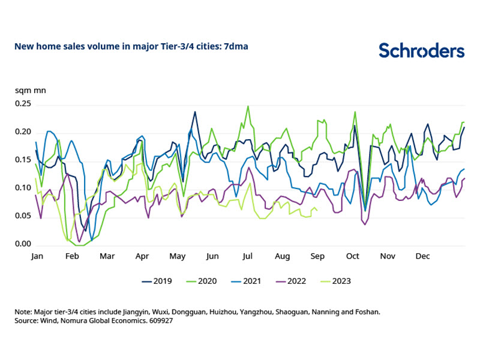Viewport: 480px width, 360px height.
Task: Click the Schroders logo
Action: (x=421, y=50)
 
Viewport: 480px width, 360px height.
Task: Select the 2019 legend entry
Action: (x=158, y=280)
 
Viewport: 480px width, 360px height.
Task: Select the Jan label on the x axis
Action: (x=37, y=256)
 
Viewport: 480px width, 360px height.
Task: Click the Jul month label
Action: (x=247, y=256)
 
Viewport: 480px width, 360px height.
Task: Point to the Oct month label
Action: (x=352, y=256)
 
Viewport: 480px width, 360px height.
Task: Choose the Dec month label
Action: (x=422, y=256)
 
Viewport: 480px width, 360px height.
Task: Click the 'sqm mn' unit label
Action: (x=29, y=91)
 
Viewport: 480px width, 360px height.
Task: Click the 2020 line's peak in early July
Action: (x=248, y=106)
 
